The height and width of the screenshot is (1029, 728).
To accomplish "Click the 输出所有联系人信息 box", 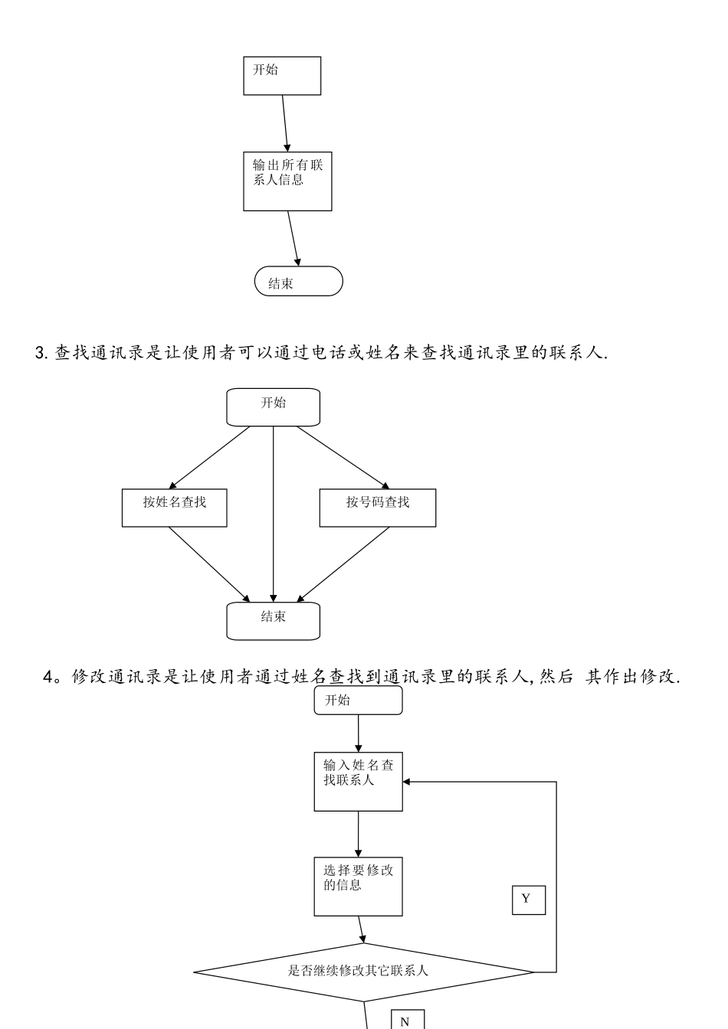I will click(x=287, y=183).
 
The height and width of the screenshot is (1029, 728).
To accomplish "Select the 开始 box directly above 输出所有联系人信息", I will click(x=282, y=76).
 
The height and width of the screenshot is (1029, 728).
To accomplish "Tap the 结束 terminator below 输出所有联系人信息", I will click(x=298, y=282).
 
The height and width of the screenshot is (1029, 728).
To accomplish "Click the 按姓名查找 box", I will click(x=174, y=508).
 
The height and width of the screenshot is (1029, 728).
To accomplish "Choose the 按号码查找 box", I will click(x=377, y=508).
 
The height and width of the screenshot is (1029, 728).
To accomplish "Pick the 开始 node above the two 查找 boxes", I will click(x=273, y=407).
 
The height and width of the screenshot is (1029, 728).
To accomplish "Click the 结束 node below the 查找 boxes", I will click(x=273, y=621).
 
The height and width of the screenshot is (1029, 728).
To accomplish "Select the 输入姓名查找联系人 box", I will click(x=358, y=782).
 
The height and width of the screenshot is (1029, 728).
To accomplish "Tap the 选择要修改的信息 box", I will click(x=358, y=887).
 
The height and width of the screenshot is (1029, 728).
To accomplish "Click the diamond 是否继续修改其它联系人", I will click(x=363, y=972).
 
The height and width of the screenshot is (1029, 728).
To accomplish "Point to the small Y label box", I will click(x=528, y=900).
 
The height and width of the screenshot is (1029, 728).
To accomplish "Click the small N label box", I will click(x=407, y=1021).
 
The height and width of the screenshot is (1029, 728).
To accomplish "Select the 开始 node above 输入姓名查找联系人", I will click(x=358, y=701).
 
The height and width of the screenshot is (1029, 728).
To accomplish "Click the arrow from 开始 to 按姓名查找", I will click(x=209, y=457).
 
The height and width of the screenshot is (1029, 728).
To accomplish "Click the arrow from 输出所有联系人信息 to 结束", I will click(x=293, y=238).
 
